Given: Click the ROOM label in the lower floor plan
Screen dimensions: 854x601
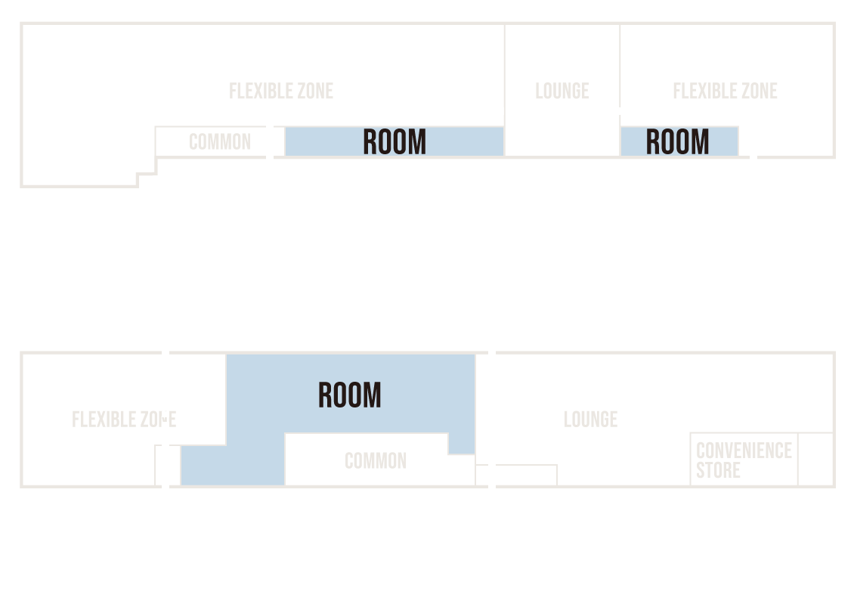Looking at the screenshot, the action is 350,395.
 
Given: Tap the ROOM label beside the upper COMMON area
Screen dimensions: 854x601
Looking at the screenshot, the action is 395,141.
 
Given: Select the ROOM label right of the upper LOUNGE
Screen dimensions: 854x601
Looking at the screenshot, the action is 678,141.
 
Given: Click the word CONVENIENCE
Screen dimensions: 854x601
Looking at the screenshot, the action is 744,451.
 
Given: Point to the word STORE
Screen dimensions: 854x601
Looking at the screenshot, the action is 718,470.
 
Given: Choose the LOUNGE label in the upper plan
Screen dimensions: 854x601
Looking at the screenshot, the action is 562,91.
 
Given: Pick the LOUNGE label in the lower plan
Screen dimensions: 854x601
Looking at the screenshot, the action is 590,420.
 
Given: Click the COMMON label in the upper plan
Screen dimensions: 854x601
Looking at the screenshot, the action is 220,141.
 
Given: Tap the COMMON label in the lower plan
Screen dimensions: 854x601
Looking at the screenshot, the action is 376,461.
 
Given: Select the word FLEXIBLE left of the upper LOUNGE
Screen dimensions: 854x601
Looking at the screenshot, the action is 258,91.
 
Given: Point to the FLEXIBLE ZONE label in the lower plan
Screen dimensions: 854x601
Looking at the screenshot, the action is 124,420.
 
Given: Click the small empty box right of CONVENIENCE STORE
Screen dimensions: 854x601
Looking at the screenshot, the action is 816,459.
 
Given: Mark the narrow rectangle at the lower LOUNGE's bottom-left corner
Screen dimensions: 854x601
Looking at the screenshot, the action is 526,475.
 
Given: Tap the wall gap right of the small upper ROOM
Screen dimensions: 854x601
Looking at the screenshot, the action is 753,157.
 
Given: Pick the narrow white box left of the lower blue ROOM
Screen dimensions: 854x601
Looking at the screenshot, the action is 167,466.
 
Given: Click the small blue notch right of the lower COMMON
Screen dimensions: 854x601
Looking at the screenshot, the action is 461,444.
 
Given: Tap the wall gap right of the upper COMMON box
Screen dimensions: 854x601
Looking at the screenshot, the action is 270,142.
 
